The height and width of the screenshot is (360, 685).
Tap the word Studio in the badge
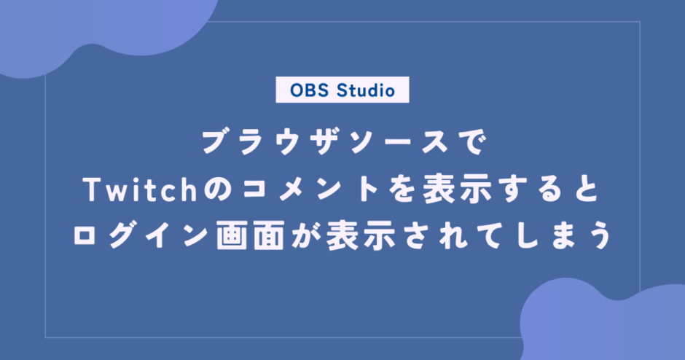pos(366,90)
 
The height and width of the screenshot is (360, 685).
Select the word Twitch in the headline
pos(140,189)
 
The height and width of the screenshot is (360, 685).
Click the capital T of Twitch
pos(93,190)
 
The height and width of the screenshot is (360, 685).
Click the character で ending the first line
pos(473,142)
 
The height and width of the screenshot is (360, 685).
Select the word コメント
pos(310,190)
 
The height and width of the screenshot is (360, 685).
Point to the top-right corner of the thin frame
pos(640,21)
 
